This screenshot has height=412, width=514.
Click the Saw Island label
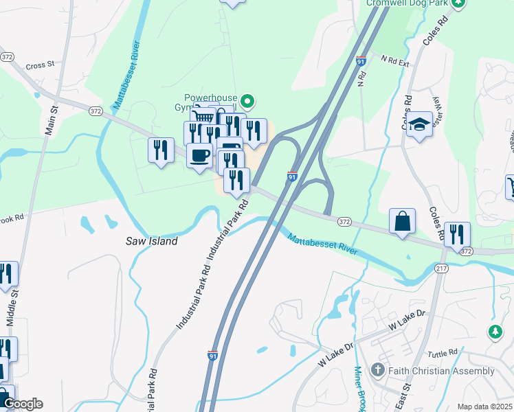pyautogui.click(x=151, y=241)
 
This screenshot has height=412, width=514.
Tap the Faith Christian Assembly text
pyautogui.click(x=441, y=371)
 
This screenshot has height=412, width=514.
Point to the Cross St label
pyautogui.click(x=40, y=66)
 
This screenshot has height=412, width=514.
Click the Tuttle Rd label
pyautogui.click(x=442, y=354)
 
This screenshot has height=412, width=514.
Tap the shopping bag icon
pyautogui.click(x=402, y=221)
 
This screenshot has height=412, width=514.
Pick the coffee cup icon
pyautogui.click(x=199, y=154)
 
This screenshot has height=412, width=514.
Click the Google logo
pyautogui.click(x=22, y=404)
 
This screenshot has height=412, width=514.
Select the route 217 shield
pyautogui.click(x=441, y=268)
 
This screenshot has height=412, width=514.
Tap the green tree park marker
pyautogui.click(x=495, y=332)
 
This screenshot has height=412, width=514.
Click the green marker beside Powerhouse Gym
pyautogui.click(x=247, y=104)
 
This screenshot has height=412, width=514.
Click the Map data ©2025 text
pyautogui.click(x=484, y=407)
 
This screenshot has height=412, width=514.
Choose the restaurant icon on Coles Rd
pyautogui.click(x=457, y=233)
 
